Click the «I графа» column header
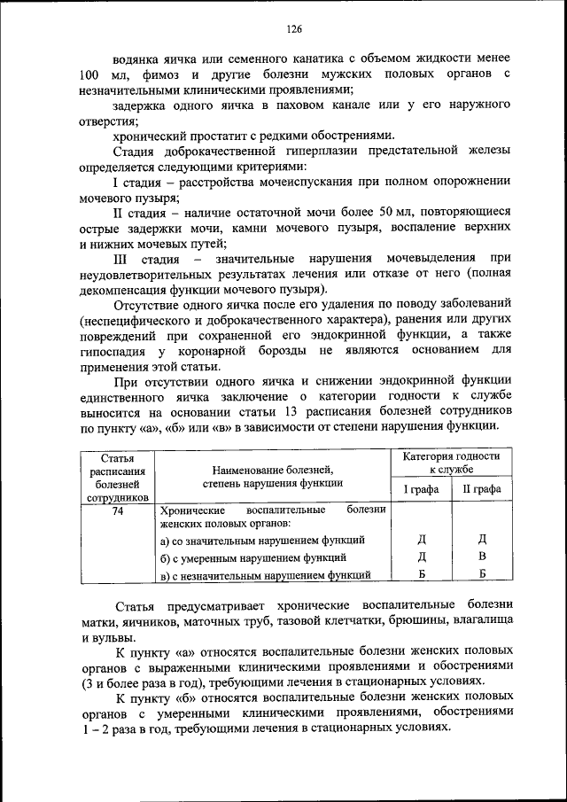422,489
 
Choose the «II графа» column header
482,489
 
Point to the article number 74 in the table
117,510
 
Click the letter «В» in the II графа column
483,557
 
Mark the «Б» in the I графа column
422,574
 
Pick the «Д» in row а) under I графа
422,540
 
